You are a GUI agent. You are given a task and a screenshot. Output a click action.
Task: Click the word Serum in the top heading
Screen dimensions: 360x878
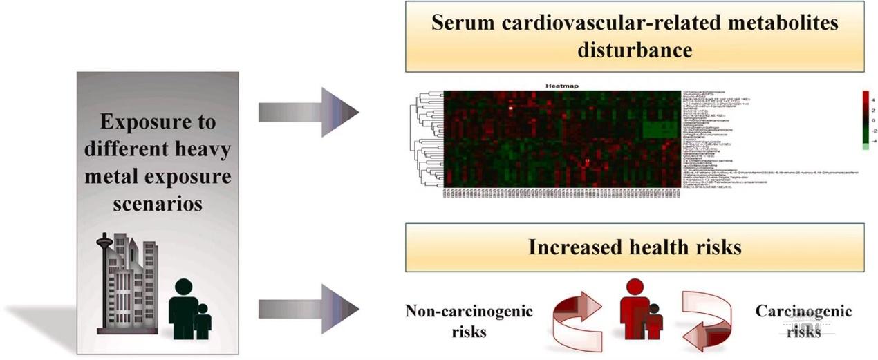[x=461, y=23]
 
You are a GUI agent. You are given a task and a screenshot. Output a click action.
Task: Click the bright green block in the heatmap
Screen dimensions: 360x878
[x=660, y=129]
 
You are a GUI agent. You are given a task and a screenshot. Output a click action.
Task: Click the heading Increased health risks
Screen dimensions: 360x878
[x=634, y=247]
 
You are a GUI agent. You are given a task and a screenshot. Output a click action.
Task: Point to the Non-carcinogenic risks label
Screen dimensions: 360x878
[x=469, y=321]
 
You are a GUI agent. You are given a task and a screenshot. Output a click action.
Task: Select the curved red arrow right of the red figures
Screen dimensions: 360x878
[x=705, y=318]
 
